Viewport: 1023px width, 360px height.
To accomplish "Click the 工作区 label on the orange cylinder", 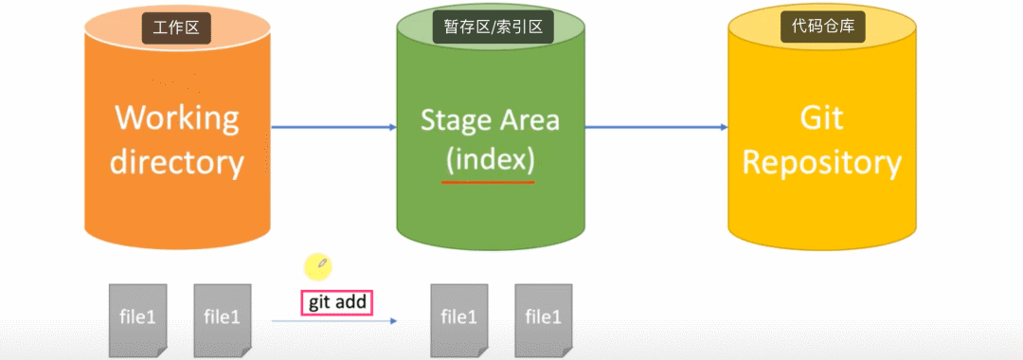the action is [176, 28].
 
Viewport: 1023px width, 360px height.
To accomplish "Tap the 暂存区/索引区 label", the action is [493, 28].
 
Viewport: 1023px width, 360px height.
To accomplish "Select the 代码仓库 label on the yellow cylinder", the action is [822, 28].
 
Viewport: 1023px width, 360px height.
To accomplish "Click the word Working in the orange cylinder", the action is [177, 118].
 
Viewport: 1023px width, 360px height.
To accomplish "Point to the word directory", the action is [177, 162].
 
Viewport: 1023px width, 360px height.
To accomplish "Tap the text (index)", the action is [489, 160].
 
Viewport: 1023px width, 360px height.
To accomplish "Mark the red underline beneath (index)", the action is [488, 182].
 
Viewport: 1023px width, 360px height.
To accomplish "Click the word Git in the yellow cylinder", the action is [822, 119].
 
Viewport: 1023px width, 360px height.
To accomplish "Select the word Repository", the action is [822, 164].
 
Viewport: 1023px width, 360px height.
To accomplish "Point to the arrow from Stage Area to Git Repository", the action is [655, 127].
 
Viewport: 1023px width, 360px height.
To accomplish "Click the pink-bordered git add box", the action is [336, 303].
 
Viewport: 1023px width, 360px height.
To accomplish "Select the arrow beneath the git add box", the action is [334, 321].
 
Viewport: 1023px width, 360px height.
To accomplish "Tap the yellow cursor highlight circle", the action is [318, 265].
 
